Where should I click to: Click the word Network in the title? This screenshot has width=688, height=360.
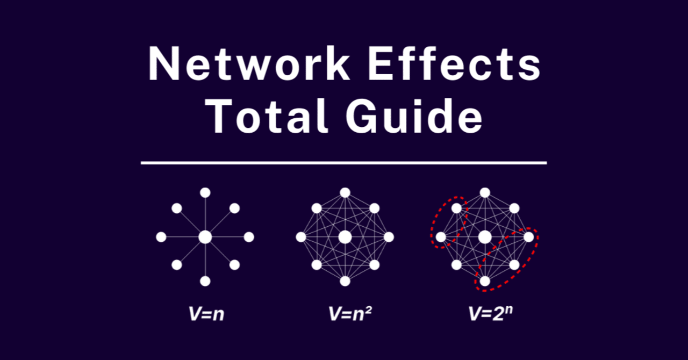[x=249, y=63]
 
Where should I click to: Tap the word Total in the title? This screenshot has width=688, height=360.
[x=267, y=116]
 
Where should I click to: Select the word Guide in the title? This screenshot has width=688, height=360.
[x=414, y=116]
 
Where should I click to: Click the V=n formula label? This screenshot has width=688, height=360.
[x=206, y=314]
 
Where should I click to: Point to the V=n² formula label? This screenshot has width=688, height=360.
[x=350, y=314]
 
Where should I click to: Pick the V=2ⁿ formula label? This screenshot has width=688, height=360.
[x=491, y=313]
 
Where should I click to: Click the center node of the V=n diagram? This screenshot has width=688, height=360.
[x=205, y=237]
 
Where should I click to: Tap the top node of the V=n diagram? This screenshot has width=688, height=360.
[x=205, y=193]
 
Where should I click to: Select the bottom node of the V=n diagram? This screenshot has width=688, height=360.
[x=205, y=281]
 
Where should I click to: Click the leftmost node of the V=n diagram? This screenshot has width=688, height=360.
[x=161, y=237]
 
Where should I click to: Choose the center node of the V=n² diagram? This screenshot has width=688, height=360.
[x=345, y=237]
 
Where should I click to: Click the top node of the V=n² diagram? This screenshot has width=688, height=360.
[x=345, y=193]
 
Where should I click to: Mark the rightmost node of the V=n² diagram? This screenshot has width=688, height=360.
[x=389, y=237]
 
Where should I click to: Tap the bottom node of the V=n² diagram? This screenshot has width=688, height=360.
[x=345, y=281]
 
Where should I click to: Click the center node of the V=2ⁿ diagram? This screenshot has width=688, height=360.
[x=485, y=237]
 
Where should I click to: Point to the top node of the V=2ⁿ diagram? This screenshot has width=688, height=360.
[x=485, y=193]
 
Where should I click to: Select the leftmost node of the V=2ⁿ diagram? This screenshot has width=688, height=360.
[x=441, y=237]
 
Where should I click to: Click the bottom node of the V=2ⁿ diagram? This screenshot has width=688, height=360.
[x=485, y=281]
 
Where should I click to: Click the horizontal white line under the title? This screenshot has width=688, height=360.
[x=343, y=163]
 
